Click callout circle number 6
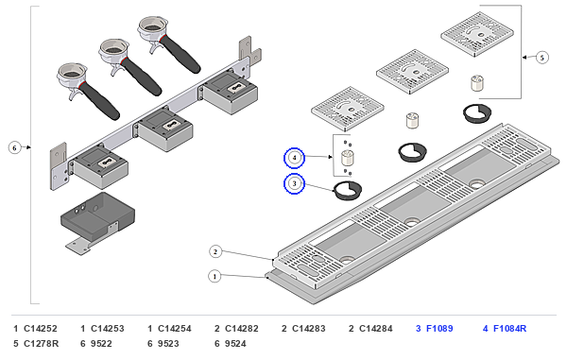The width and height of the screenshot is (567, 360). pos(14,147)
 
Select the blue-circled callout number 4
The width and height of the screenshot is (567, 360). pos(294,158)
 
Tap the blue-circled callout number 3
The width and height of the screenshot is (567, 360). pos(294,183)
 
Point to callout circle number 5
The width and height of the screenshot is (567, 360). pos(541,58)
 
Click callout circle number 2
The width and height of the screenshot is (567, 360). pos(215,251)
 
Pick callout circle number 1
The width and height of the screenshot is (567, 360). pos(215,277)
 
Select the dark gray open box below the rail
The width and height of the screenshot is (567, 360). pos(97,216)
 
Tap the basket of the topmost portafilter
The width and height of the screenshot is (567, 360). pos(151,26)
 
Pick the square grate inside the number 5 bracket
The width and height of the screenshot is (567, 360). pos(477,34)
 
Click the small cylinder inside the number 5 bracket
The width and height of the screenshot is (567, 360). pos(477,83)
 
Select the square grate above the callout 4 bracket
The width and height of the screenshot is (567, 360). pos(348,109)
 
